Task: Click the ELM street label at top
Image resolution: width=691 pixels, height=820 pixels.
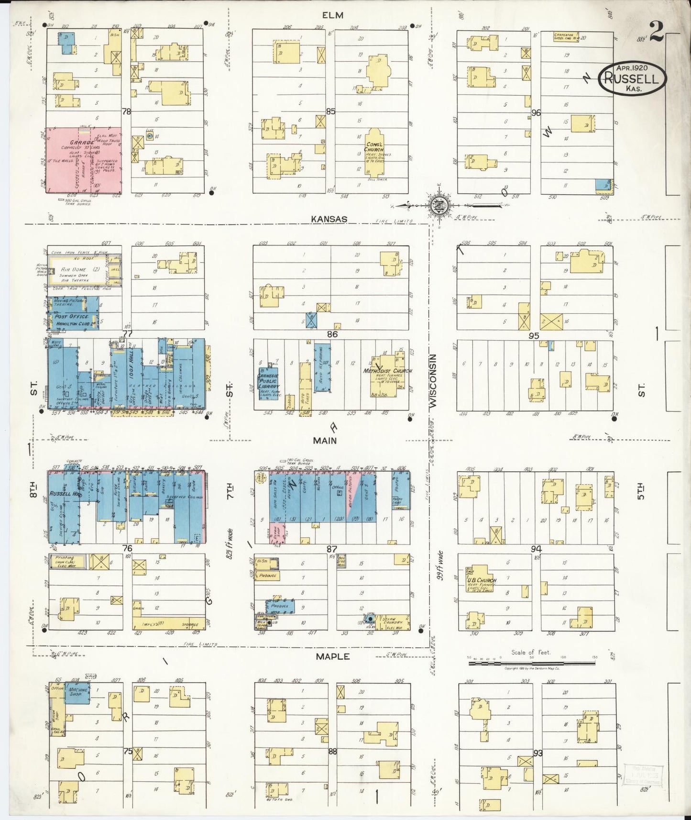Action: click(332, 15)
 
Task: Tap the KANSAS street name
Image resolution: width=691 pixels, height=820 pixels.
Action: click(329, 219)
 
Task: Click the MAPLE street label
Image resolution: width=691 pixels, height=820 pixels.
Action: click(332, 656)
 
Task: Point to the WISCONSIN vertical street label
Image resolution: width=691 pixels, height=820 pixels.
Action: click(434, 381)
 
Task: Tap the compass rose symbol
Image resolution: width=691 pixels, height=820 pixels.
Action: click(439, 206)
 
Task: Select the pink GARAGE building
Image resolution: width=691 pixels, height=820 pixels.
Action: click(83, 160)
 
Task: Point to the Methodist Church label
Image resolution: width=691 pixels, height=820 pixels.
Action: click(387, 371)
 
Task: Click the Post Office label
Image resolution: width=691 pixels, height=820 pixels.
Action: click(72, 316)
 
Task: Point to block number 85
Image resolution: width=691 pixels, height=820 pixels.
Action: click(330, 111)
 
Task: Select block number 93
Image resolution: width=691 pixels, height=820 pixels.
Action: click(538, 753)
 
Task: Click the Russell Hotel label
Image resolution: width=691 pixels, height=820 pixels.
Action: click(60, 493)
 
